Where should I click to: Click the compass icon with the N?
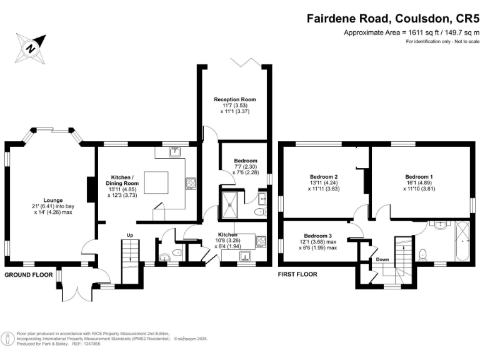[29, 47]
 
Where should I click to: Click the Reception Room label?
[235, 99]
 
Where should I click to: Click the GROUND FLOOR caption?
[29, 274]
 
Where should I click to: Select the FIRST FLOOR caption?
[297, 274]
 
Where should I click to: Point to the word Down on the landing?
[382, 259]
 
